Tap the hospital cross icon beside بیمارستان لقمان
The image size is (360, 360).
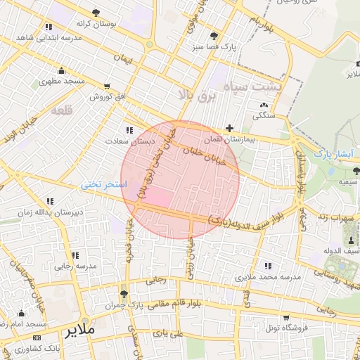coord(230,128)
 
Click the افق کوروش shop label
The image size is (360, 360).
coord(106,97)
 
